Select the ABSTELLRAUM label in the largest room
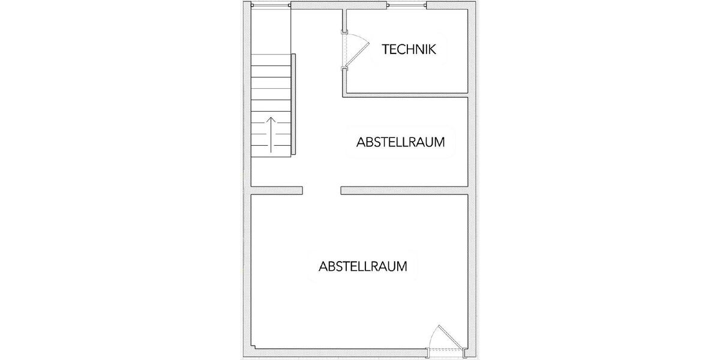point(364,266)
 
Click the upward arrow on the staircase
point(271,133)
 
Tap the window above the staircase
point(271,5)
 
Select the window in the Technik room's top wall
point(407,6)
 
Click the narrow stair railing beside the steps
point(295,104)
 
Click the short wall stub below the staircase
point(277,191)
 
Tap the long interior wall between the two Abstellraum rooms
point(404,191)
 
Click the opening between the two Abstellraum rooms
point(322,191)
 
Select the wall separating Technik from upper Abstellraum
point(406,94)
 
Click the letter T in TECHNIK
point(386,50)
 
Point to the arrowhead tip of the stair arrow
point(271,118)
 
